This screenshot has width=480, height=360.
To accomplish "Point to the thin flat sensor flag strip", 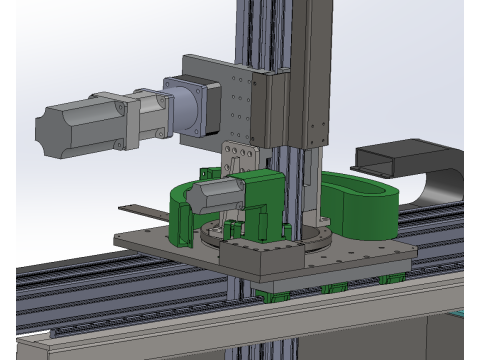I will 144,212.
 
